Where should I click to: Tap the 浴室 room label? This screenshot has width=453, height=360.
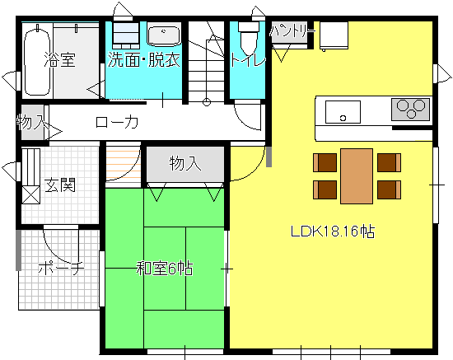[x=60, y=60]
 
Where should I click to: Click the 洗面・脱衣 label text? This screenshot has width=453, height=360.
[x=144, y=60]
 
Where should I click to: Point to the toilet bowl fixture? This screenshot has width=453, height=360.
[x=248, y=38]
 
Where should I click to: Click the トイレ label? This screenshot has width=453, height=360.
[x=248, y=61]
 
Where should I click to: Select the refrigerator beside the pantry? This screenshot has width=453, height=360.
[x=334, y=35]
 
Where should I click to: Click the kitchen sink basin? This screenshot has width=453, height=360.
[x=343, y=112]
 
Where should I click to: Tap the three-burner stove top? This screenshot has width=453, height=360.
[x=410, y=110]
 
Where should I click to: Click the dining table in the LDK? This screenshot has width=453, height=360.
[x=357, y=176]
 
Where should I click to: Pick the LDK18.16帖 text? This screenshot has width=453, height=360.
[x=333, y=231]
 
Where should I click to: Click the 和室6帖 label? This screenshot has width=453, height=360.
[x=165, y=269]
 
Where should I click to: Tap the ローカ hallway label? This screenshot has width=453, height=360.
[x=117, y=123]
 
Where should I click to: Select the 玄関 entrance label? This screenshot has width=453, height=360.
[x=60, y=185]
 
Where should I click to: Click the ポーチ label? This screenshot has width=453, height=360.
[x=61, y=269]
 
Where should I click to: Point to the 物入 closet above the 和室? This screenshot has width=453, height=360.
[x=185, y=164]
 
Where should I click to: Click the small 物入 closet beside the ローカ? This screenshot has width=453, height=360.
[x=32, y=122]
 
